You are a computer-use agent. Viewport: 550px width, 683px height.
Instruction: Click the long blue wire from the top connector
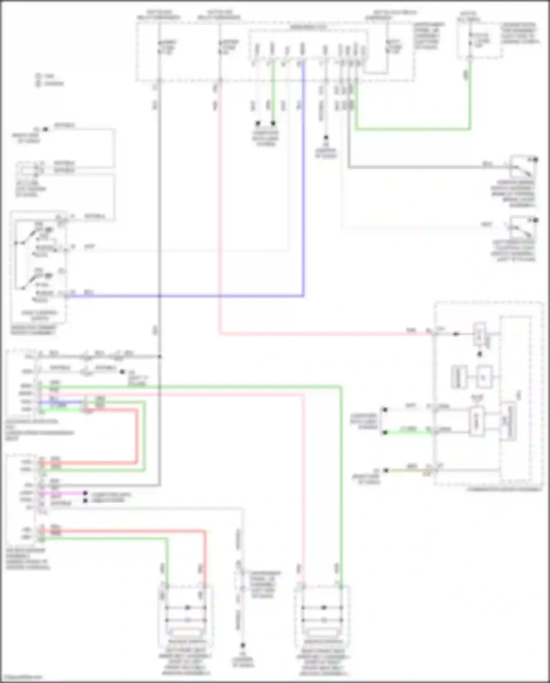(x=303, y=184)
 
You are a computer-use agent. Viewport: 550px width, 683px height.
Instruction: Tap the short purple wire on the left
(x=62, y=493)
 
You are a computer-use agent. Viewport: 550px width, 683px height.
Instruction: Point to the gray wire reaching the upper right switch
(x=422, y=167)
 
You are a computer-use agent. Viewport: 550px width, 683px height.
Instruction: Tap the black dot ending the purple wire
(x=85, y=493)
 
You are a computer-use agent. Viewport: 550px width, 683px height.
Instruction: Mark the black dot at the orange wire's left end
(x=386, y=470)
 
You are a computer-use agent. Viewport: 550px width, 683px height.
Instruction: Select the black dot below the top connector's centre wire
(x=326, y=137)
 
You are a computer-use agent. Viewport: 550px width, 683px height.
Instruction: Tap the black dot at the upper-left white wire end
(x=45, y=129)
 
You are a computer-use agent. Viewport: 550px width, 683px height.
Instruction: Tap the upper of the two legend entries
(x=45, y=76)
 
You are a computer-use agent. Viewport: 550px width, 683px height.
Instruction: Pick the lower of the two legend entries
(x=50, y=84)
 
